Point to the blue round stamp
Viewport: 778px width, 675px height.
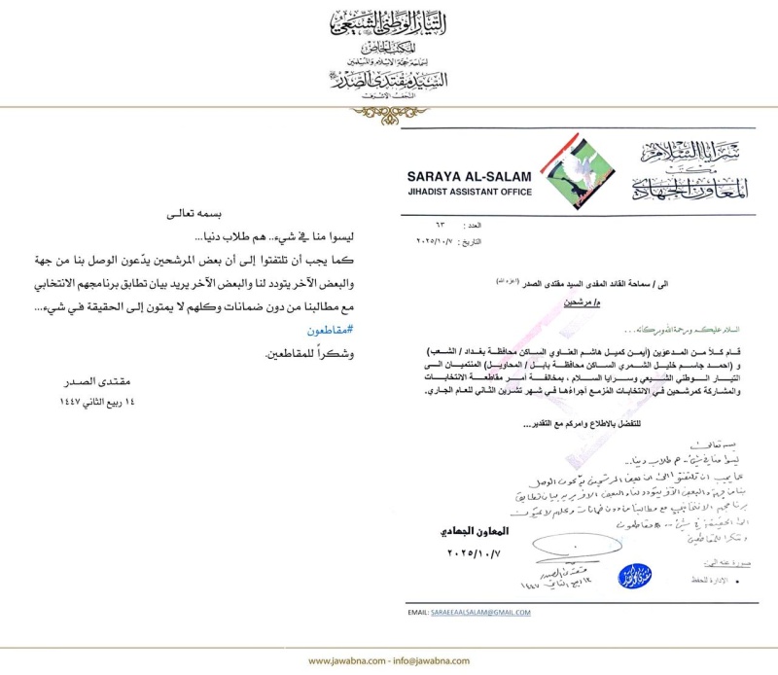tap(634, 576)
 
